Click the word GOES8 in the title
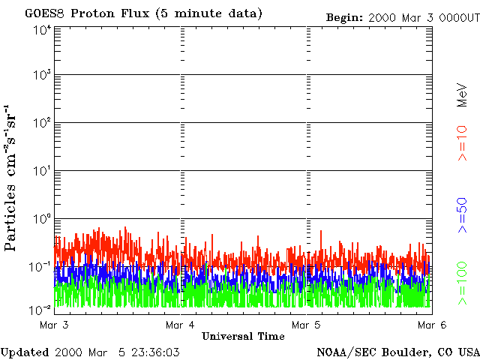[x=44, y=14]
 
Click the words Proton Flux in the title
[x=109, y=14]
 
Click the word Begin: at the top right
[x=346, y=17]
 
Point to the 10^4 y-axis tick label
[x=42, y=29]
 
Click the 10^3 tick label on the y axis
[x=42, y=76]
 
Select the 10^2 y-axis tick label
[x=42, y=124]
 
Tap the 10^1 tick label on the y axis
[x=42, y=172]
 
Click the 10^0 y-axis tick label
[x=42, y=219]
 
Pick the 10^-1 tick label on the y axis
[x=41, y=266]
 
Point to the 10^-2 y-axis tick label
[x=41, y=309]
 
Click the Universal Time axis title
[x=243, y=335]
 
